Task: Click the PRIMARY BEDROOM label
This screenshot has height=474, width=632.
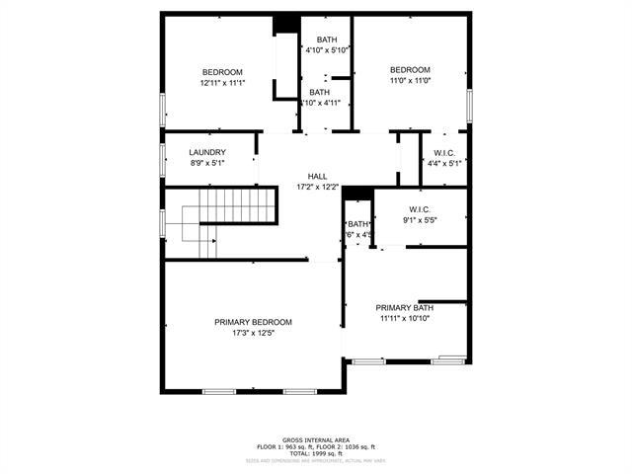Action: (x=253, y=322)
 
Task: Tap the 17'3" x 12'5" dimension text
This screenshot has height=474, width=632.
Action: (x=253, y=334)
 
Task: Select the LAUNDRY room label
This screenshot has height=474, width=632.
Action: (x=207, y=152)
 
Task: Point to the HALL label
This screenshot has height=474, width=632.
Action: (x=317, y=176)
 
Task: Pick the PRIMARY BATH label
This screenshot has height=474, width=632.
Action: (x=405, y=307)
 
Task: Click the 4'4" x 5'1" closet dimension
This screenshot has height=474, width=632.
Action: (x=441, y=163)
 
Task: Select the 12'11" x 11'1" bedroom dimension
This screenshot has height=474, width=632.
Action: (x=222, y=83)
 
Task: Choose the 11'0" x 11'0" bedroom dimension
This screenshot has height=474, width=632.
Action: (x=410, y=81)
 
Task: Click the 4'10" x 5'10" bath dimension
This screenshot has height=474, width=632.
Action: (x=326, y=50)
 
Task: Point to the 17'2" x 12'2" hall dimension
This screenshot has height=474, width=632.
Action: (x=317, y=187)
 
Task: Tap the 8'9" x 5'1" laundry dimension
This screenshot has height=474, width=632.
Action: (x=207, y=163)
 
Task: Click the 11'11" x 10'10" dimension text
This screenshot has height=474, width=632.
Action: (x=406, y=318)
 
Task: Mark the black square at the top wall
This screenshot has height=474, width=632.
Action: (x=286, y=24)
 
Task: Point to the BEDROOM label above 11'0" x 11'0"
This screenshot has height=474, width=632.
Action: (x=410, y=69)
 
